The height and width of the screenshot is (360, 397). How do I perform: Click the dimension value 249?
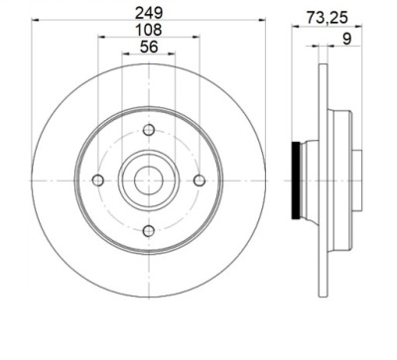[149, 13]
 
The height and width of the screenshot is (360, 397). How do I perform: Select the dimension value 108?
[149, 30]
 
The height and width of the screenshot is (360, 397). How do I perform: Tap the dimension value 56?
[149, 47]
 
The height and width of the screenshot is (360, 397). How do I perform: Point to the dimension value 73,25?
[327, 18]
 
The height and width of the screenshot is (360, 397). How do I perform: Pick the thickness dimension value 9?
[346, 39]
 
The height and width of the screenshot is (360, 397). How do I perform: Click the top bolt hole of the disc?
[149, 130]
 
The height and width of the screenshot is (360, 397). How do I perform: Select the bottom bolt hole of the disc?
[149, 231]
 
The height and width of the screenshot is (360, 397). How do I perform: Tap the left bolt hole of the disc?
[98, 180]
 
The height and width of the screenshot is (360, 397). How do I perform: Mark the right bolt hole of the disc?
[199, 180]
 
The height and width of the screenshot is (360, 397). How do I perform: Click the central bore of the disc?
[149, 180]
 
